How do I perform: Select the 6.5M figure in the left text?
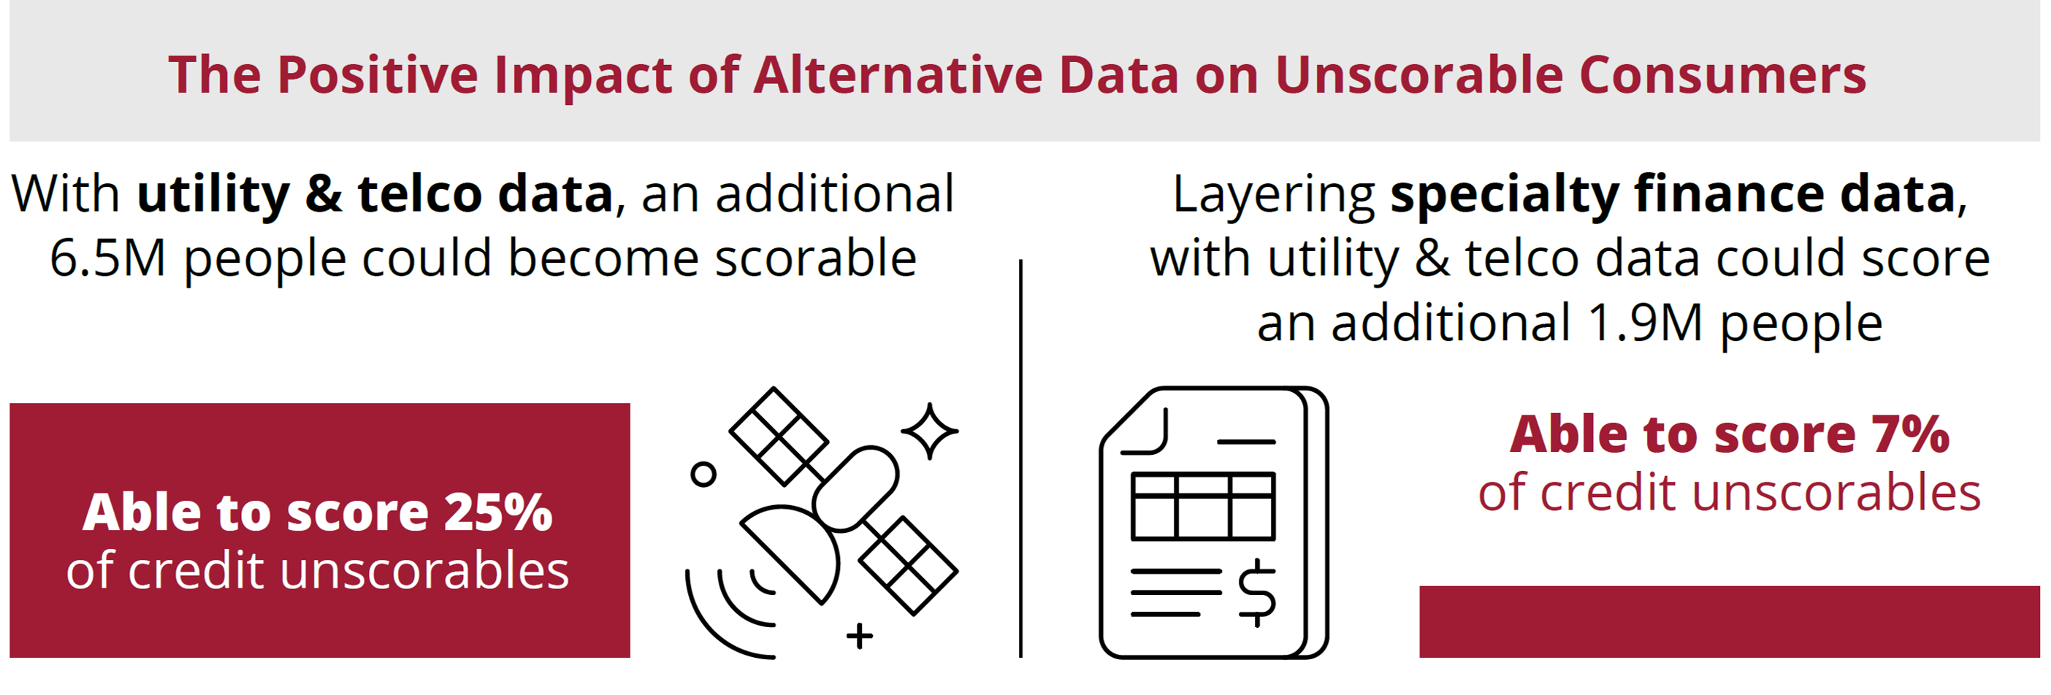[x=107, y=258]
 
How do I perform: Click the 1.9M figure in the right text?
[x=1645, y=323]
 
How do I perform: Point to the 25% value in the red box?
[x=497, y=512]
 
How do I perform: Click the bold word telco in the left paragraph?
[x=421, y=193]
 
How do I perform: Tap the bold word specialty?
[x=1504, y=195]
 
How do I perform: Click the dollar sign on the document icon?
[x=1257, y=592]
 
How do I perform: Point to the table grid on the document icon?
[x=1203, y=507]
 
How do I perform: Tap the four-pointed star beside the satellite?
[x=929, y=431]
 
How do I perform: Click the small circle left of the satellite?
[x=703, y=475]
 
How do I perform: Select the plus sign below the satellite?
[x=859, y=636]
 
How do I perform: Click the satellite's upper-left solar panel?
[x=779, y=437]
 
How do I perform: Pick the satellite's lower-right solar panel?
[x=909, y=566]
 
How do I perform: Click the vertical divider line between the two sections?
[x=1020, y=458]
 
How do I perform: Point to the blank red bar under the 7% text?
[x=1730, y=622]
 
